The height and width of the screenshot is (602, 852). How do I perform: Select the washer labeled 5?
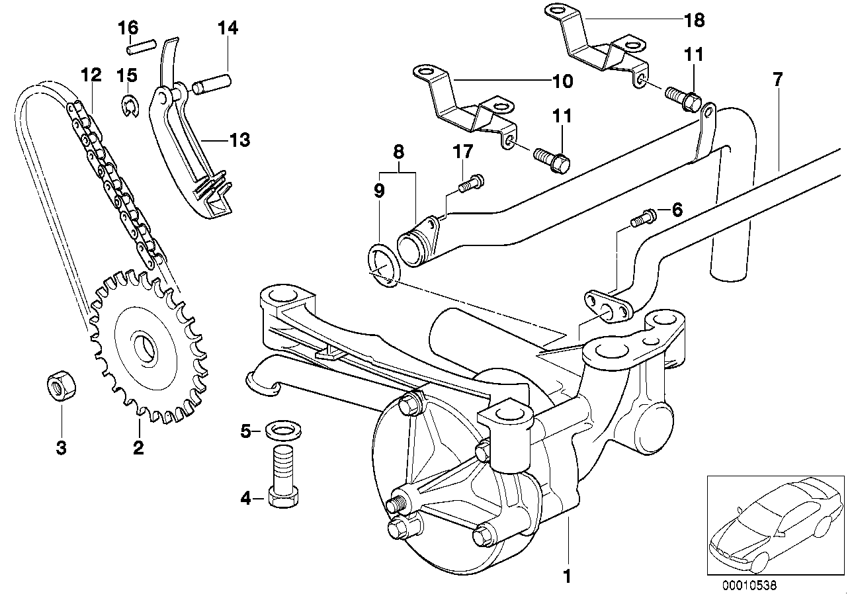coord(282,430)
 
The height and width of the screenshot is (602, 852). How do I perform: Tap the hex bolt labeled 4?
coord(283,476)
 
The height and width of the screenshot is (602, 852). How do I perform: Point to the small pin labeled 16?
coord(141,46)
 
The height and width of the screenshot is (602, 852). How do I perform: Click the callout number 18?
coord(695,21)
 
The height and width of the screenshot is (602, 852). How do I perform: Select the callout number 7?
coord(778,79)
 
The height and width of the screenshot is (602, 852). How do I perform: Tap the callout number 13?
coord(240,140)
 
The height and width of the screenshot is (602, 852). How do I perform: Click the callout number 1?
coord(568,576)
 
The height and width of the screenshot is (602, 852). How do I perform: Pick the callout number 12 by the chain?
coord(91,75)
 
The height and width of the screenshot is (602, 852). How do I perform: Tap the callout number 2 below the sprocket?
coord(138,448)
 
